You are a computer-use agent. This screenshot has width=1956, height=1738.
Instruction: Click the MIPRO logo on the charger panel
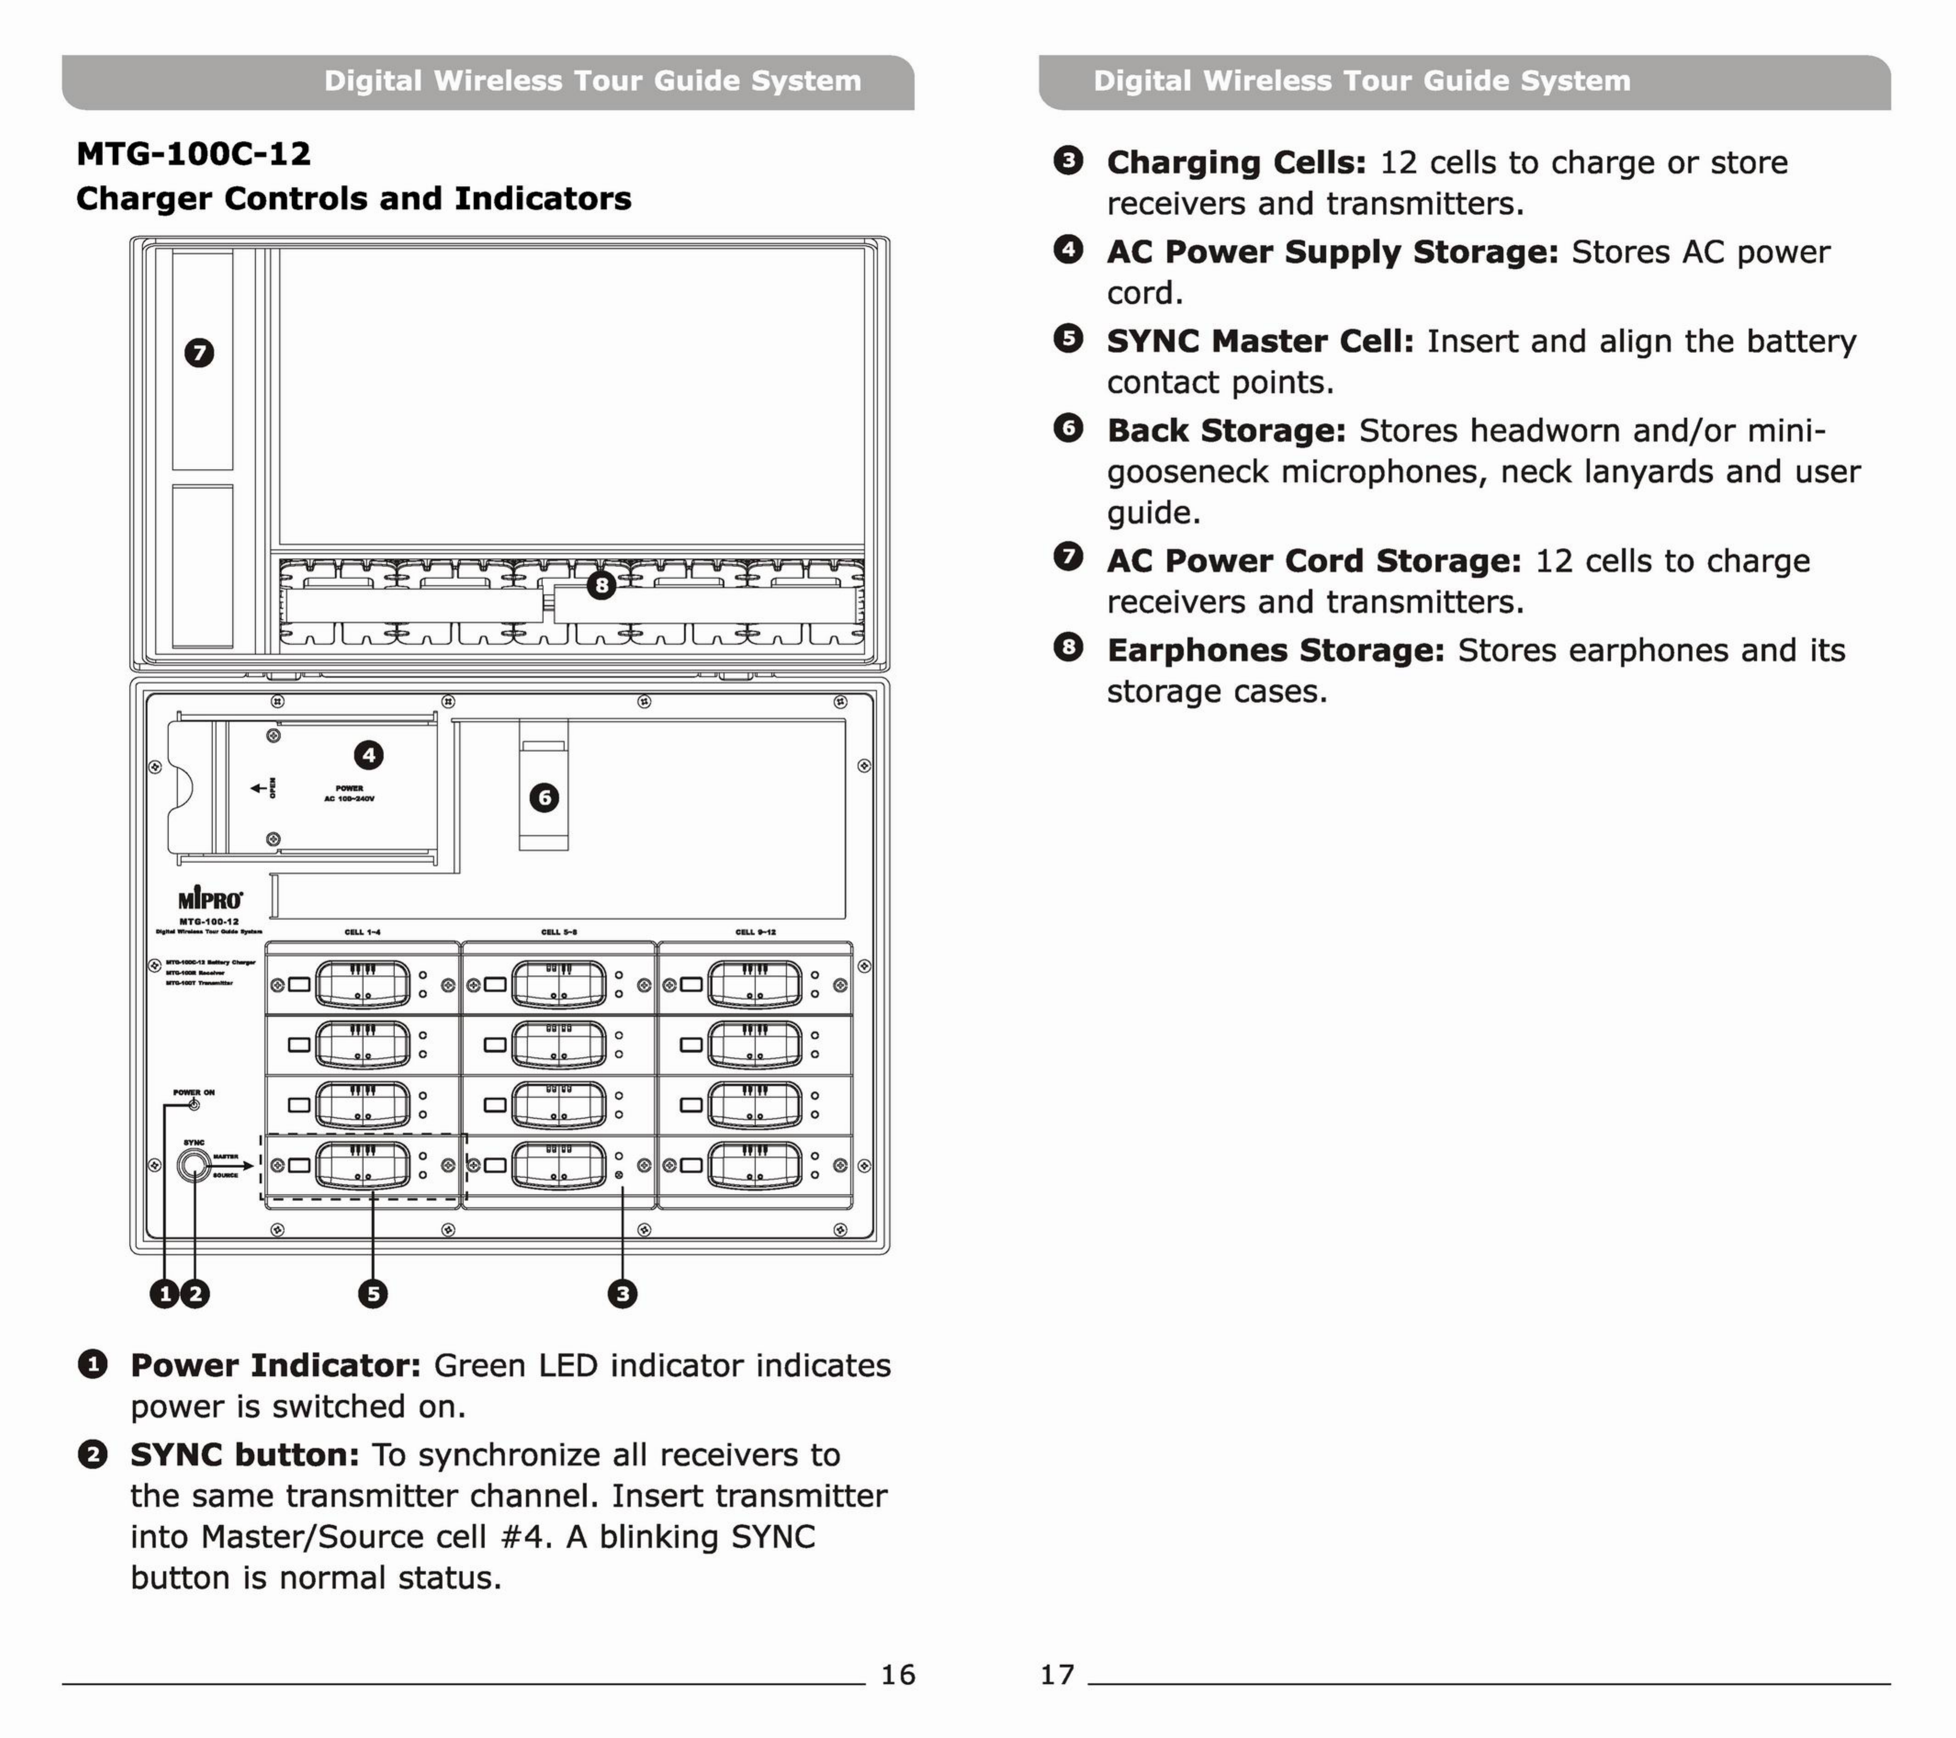pyautogui.click(x=211, y=900)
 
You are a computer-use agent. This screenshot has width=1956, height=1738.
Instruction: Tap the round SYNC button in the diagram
pyautogui.click(x=194, y=1165)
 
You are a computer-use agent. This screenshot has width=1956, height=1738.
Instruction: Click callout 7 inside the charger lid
pyautogui.click(x=199, y=353)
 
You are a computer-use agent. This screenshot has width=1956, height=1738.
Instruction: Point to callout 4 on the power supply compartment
pyautogui.click(x=368, y=755)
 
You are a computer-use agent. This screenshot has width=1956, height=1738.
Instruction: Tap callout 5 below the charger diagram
pyautogui.click(x=372, y=1294)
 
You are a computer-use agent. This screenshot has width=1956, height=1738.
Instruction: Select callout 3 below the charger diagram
pyautogui.click(x=622, y=1294)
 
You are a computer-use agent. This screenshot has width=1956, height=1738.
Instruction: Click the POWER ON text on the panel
pyautogui.click(x=194, y=1092)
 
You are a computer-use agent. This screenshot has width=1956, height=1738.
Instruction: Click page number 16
pyautogui.click(x=898, y=1674)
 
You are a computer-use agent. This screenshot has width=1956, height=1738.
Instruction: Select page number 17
pyautogui.click(x=1057, y=1674)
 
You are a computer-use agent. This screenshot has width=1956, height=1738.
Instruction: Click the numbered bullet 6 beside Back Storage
pyautogui.click(x=1068, y=428)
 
